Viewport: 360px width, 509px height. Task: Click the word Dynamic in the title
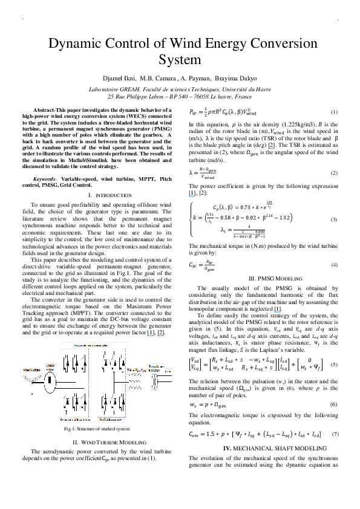66,45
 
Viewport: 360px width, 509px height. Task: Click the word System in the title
179,60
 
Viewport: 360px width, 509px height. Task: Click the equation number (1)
333,113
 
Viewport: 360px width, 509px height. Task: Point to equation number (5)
333,365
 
